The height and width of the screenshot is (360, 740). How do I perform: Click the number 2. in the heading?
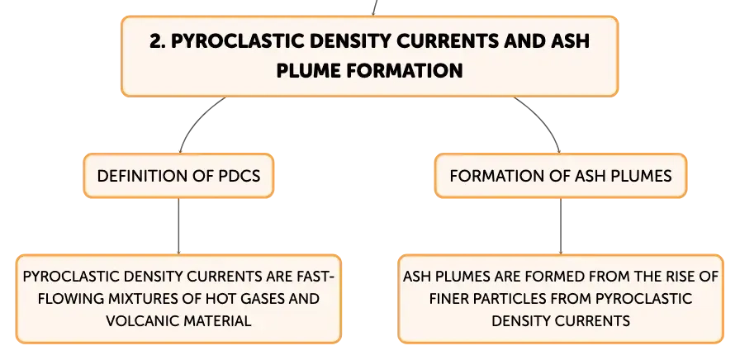(158, 41)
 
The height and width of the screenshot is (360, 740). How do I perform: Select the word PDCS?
(240, 176)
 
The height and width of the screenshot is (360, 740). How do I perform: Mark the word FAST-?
(315, 277)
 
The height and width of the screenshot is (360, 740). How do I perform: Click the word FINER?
(448, 299)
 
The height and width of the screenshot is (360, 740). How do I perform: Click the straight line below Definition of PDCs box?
(178, 226)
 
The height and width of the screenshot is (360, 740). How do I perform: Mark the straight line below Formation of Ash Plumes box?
(561, 226)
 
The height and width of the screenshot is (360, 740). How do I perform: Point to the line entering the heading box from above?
(375, 7)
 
